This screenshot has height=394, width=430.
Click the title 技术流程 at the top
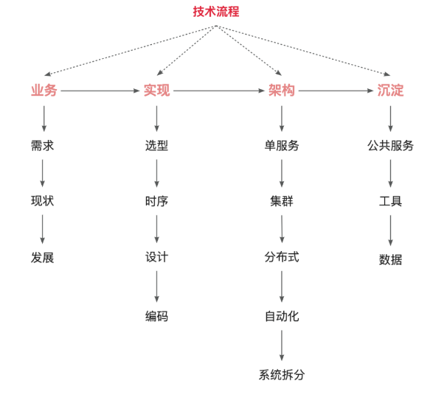216,12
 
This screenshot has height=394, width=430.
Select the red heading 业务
44,91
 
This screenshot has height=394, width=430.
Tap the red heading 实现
156,91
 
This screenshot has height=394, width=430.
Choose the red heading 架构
281,91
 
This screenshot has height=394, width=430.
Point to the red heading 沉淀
390,91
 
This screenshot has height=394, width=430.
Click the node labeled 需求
42,146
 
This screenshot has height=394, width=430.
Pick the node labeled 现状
42,201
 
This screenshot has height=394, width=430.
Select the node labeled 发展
42,258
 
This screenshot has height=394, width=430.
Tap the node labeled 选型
156,146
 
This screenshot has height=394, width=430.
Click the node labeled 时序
156,201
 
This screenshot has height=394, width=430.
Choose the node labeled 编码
156,317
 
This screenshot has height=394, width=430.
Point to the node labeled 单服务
282,146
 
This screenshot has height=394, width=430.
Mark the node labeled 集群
282,201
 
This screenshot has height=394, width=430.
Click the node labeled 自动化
282,317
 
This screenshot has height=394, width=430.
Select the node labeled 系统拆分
282,375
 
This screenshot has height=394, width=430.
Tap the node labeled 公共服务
390,146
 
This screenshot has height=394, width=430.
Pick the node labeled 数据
390,259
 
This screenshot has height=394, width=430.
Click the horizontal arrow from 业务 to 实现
100,91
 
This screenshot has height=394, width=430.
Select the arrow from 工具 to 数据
390,231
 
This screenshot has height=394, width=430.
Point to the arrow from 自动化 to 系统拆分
282,345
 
